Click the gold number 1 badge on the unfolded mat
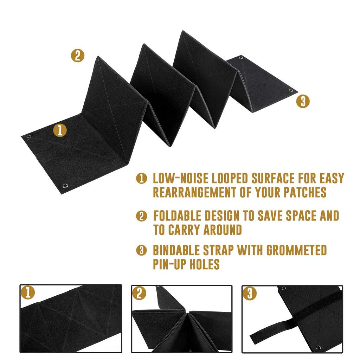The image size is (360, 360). [60, 130]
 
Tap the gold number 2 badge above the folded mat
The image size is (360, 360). [77, 56]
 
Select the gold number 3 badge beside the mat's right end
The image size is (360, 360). [303, 101]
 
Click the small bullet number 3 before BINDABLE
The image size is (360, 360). [141, 251]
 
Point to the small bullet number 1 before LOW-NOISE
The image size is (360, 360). [141, 179]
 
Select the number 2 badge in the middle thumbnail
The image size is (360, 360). [139, 293]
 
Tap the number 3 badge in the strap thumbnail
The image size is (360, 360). [250, 293]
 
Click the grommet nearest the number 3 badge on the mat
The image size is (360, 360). [291, 91]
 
